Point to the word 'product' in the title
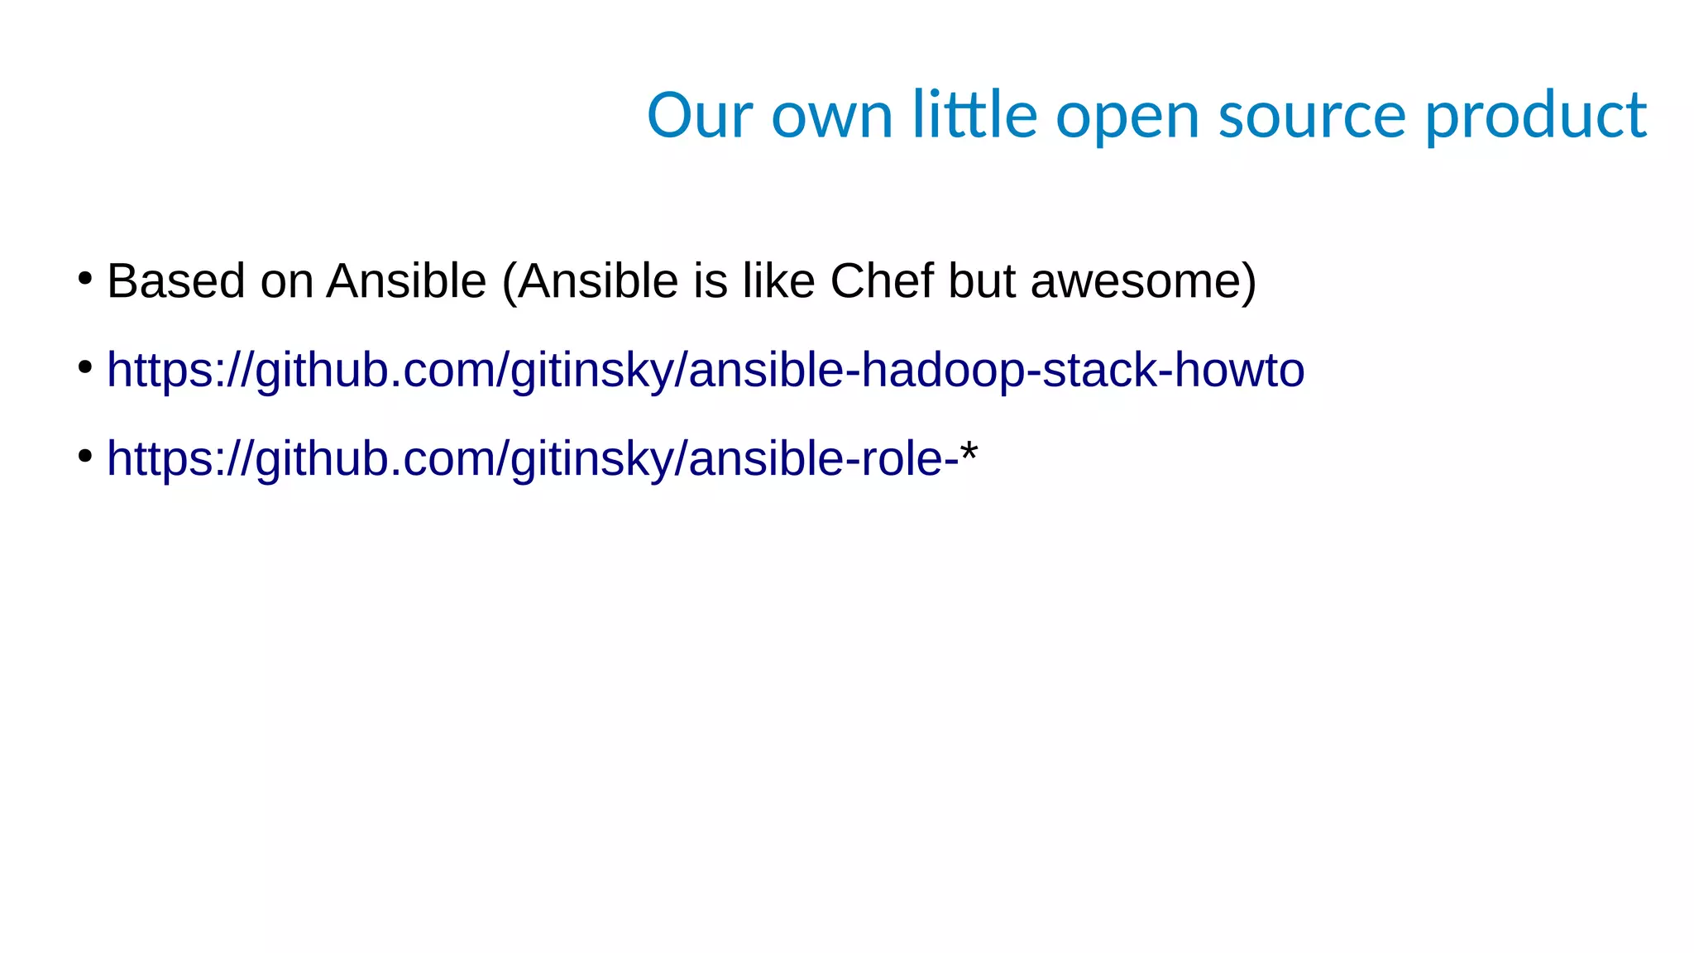(x=1535, y=116)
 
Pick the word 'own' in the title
(x=831, y=116)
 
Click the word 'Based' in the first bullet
(x=175, y=280)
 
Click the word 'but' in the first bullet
(x=981, y=280)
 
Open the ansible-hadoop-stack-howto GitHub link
(x=705, y=370)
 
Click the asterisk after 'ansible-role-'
(x=969, y=452)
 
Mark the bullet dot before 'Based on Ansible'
(x=84, y=278)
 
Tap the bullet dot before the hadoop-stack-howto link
(x=84, y=366)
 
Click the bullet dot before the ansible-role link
(x=84, y=455)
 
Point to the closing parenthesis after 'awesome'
(x=1248, y=281)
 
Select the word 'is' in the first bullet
(x=711, y=280)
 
